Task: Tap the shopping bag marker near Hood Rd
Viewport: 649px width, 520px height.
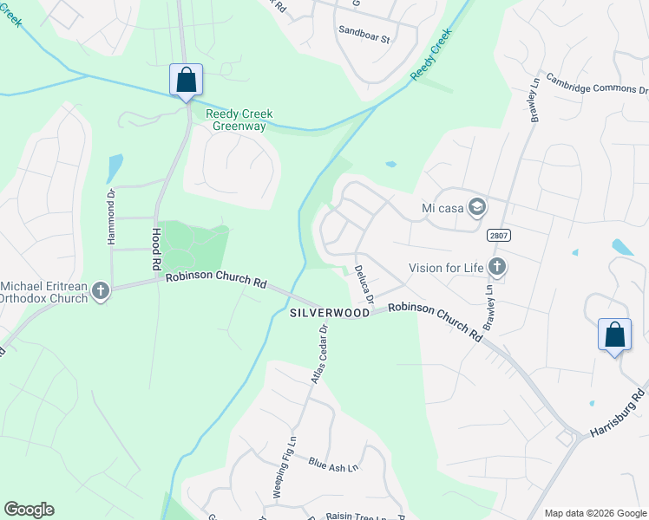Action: [186, 81]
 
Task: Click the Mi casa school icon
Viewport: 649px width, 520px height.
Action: [476, 207]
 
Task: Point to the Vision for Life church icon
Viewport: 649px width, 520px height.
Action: [496, 267]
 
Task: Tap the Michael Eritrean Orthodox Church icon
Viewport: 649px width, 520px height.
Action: [101, 291]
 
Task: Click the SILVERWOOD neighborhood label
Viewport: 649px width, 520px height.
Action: [330, 312]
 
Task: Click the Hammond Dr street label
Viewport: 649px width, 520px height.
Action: [111, 216]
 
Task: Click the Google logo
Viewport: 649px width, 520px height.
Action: [29, 510]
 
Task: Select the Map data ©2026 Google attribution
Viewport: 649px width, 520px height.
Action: [595, 513]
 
